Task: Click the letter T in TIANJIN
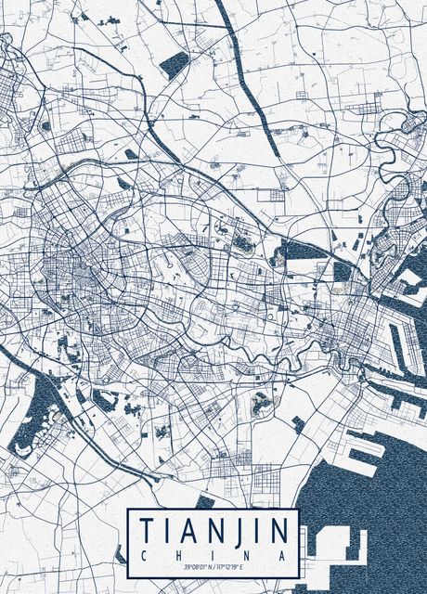[147, 531]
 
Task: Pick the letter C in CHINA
[144, 554]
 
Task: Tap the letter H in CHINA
[179, 554]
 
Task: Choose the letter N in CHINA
[248, 554]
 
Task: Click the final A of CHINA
[283, 554]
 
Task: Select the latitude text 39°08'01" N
[199, 566]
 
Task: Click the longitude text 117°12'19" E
[234, 566]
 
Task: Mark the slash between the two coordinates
[216, 566]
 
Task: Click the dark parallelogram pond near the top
[174, 64]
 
